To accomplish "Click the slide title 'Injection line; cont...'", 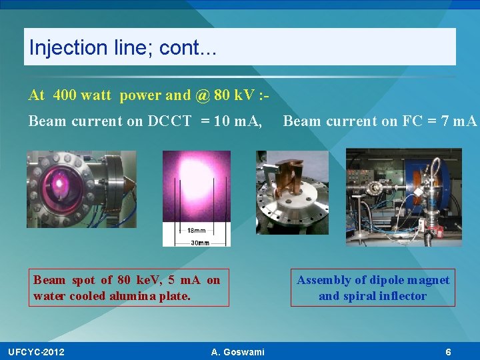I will point(123,47).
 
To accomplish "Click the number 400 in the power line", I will point(64,95).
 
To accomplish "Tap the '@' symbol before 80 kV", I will point(203,95).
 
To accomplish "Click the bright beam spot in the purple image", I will point(196,183).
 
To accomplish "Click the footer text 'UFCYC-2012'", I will point(37,352).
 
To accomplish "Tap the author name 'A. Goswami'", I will point(237,352).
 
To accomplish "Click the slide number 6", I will point(449,352).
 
